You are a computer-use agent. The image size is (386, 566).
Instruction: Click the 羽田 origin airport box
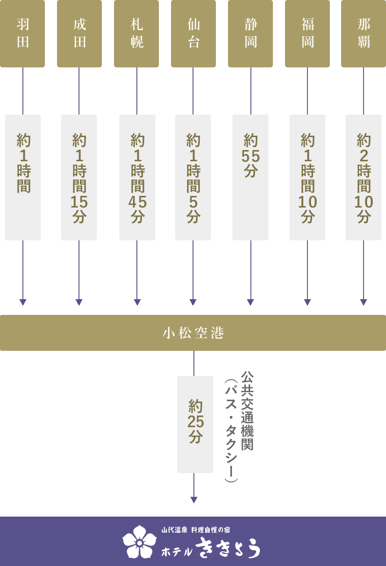pos(22,34)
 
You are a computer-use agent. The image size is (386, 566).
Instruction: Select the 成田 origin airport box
pos(79,34)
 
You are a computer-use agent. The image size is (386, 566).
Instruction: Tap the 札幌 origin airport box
pos(136,34)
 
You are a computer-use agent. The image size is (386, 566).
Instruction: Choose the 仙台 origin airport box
pos(193,34)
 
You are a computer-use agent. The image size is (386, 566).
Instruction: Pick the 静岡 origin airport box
pos(250,34)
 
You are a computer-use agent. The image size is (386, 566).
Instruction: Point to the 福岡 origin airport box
pos(307,34)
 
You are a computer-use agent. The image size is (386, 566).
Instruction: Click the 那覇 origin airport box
pos(364,34)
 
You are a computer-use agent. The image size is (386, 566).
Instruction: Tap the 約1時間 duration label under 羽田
pos(23,177)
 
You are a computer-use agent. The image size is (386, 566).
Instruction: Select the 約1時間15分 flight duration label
pos(79,177)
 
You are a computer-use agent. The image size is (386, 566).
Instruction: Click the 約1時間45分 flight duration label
pos(137,177)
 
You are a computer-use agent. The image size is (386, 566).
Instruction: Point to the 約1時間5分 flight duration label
pos(193,177)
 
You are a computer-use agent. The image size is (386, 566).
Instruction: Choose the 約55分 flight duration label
pos(250,177)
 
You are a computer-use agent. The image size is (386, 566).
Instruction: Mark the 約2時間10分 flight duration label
pos(364,177)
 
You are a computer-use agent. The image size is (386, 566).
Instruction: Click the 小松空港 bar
pos(193,333)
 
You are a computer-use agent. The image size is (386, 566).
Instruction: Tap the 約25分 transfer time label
pos(195,424)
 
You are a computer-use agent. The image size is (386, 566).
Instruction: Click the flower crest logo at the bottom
pos(140,542)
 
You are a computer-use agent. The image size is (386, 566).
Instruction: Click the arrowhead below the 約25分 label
pos(194,500)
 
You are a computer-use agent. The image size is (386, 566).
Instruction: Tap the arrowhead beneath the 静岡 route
pos(250,302)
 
